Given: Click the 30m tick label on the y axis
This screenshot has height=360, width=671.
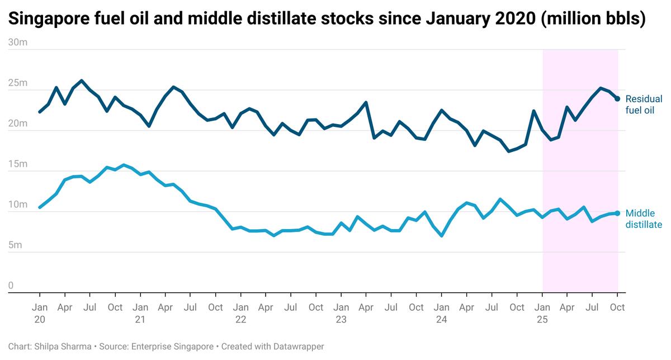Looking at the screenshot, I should point(18,42).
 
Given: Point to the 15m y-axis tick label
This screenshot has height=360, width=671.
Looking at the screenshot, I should point(18,164).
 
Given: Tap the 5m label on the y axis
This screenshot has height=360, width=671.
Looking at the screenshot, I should point(16,245).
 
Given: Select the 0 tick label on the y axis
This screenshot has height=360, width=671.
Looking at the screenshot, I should point(11,286).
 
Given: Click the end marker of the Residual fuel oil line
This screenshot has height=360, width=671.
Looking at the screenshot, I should point(617,98).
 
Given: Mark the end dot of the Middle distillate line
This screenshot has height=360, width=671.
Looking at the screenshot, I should point(617,213).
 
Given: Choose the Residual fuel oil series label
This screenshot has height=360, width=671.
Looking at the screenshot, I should point(644,105).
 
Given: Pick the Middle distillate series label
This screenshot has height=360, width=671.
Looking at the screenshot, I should point(644,219).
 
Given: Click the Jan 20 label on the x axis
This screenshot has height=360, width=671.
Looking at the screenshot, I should point(40,313).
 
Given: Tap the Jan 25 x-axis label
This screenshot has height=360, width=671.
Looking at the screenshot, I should point(542,313).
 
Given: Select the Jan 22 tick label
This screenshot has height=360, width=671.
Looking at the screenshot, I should point(240,313).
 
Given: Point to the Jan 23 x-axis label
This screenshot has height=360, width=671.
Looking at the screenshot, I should point(341,313).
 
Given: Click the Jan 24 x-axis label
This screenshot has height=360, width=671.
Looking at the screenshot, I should point(442,313).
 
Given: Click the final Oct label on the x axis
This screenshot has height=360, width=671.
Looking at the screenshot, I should point(617,307).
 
